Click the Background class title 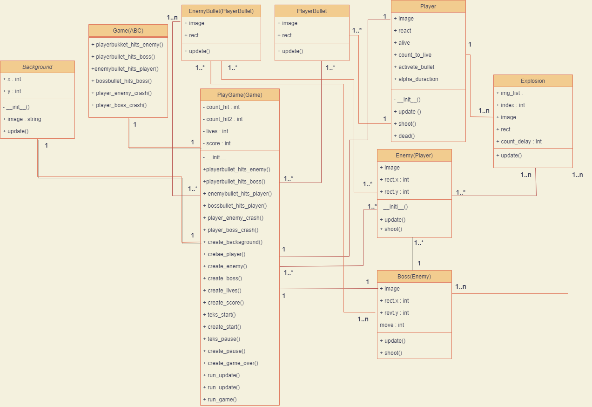coord(37,67)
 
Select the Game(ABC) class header coord(128,31)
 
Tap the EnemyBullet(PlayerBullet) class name coord(221,11)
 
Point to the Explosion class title coord(533,81)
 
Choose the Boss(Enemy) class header coord(414,277)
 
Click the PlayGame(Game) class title coord(240,95)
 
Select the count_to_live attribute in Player coord(415,55)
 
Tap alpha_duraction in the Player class coord(418,79)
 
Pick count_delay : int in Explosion coord(521,142)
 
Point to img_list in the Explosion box coord(511,93)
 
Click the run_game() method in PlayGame coord(222,400)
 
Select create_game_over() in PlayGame coord(233,363)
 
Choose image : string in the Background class coord(24,119)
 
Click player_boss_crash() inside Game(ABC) coord(121,105)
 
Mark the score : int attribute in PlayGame coord(218,143)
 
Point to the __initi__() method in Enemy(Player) coord(396,207)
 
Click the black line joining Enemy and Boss coord(412,254)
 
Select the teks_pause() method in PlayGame coord(224,339)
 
